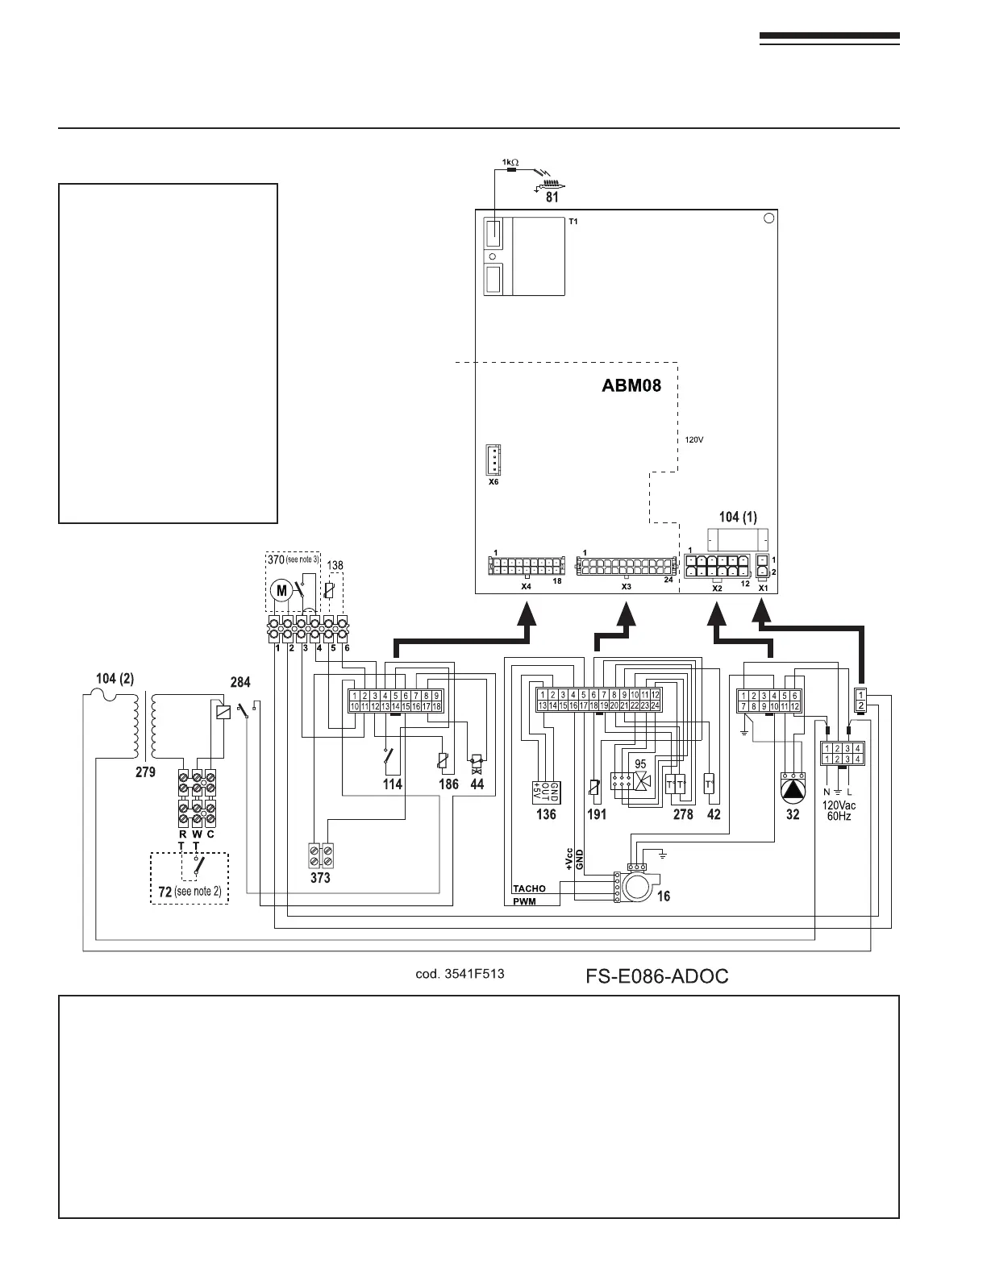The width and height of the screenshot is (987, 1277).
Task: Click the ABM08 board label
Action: click(631, 385)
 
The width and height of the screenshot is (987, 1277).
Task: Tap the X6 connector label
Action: click(493, 482)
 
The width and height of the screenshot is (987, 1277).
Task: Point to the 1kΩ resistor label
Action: click(510, 162)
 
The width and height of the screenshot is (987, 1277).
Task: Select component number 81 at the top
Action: click(551, 197)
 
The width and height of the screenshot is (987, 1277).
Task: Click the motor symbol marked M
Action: click(282, 591)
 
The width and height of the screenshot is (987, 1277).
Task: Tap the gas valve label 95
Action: click(641, 763)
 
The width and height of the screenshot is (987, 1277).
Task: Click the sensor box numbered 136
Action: click(546, 792)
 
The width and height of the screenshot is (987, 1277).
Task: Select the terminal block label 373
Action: click(320, 878)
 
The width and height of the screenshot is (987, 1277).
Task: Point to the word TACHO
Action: click(529, 888)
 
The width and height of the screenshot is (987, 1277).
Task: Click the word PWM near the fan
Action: click(524, 902)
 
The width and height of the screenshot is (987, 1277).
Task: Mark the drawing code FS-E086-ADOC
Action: click(656, 976)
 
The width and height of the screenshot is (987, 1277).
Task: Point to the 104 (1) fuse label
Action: click(738, 517)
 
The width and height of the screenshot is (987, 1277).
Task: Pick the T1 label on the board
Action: click(574, 221)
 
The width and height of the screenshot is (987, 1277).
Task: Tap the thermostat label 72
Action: click(164, 892)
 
